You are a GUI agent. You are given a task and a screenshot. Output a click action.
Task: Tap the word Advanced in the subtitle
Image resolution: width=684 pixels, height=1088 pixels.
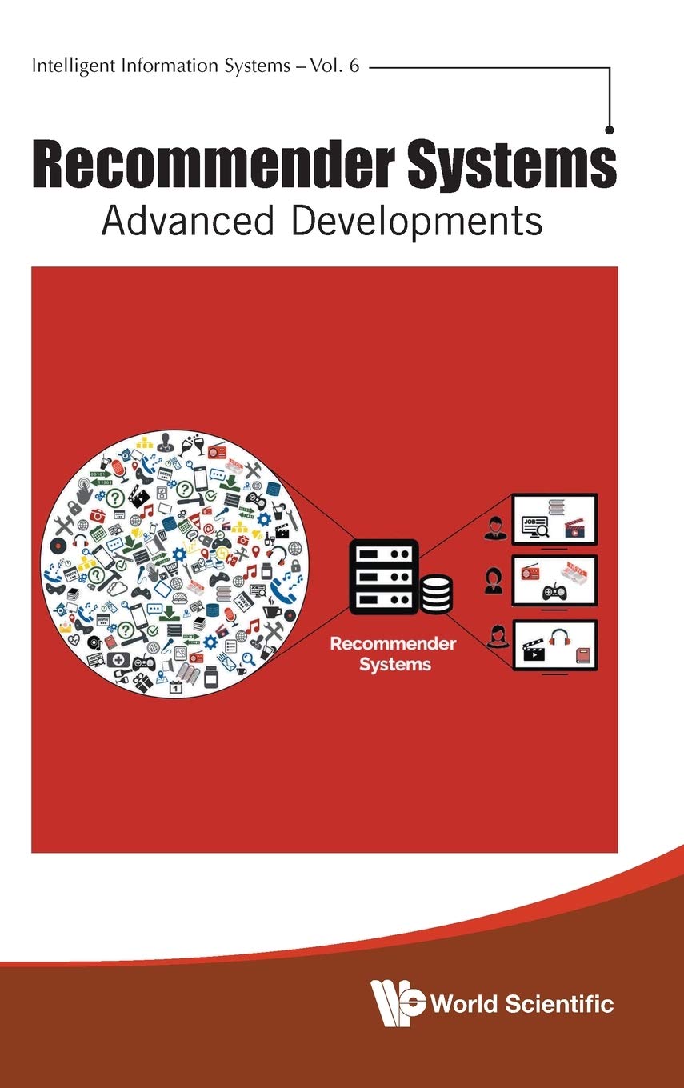(x=189, y=221)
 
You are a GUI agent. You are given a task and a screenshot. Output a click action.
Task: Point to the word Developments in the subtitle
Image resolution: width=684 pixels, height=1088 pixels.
(x=417, y=222)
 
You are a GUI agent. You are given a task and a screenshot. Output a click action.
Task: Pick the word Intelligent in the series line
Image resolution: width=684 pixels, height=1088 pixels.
(x=65, y=67)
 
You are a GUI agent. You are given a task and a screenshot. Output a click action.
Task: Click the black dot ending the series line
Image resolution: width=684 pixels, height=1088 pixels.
(x=610, y=129)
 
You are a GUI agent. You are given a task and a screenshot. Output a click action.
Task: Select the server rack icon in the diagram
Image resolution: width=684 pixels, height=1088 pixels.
(x=384, y=575)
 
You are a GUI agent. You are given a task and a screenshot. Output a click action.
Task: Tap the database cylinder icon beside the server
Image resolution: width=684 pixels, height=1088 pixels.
(x=436, y=594)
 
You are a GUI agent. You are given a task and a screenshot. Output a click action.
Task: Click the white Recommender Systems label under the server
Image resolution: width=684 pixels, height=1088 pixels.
(x=394, y=654)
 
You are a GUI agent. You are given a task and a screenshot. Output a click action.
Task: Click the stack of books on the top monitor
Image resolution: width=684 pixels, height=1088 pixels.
(x=558, y=506)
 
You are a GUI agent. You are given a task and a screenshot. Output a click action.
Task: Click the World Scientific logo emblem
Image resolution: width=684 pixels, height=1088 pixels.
(x=398, y=1002)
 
